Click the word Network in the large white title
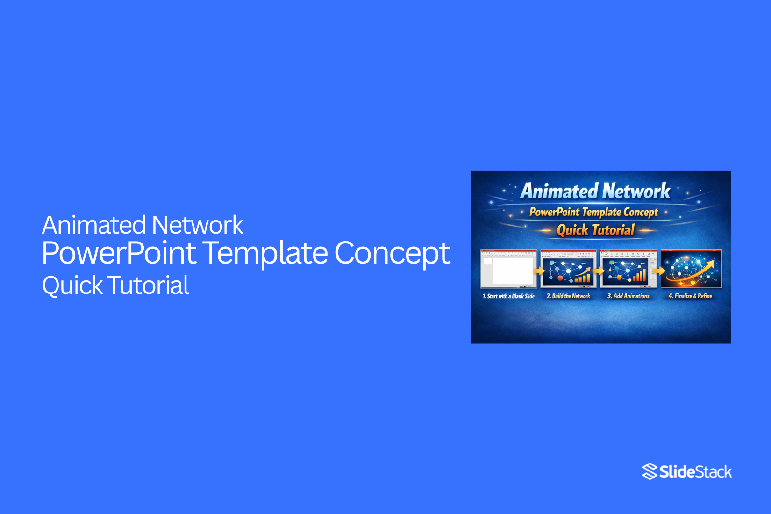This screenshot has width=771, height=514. click(197, 225)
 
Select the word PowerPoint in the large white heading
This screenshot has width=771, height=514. click(119, 253)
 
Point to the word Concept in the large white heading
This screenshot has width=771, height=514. click(392, 253)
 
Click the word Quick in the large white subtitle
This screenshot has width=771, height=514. click(72, 286)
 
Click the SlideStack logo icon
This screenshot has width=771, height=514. click(650, 471)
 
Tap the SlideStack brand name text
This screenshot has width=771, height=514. click(695, 472)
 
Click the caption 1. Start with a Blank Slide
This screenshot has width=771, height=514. click(508, 296)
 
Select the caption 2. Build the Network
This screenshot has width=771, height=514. click(568, 296)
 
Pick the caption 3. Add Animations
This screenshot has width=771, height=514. click(628, 296)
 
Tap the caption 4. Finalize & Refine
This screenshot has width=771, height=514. click(690, 296)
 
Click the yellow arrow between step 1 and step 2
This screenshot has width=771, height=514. click(540, 271)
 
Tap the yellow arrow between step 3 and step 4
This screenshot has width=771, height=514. click(659, 271)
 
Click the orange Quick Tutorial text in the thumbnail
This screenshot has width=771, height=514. click(595, 230)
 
